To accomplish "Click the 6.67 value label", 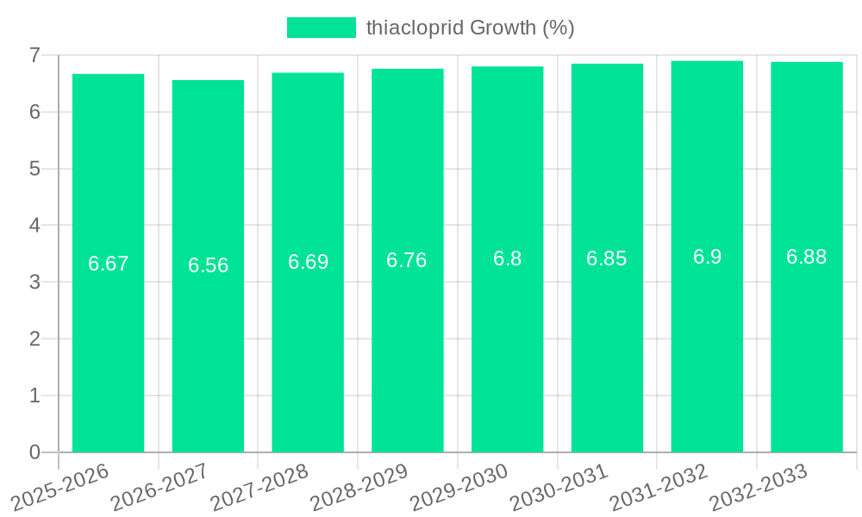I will point(109,264).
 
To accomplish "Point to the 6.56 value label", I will point(209,265).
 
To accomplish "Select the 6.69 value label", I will point(308,262).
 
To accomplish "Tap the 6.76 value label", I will point(407,260).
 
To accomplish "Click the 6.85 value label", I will point(607,258).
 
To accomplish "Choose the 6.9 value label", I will point(707,257).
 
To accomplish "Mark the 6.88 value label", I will point(807,257).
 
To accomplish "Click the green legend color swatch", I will point(321,28).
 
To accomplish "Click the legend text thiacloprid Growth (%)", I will point(471,28).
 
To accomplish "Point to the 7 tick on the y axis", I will point(34,55).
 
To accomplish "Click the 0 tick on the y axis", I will point(34,452).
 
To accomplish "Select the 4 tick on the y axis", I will point(34,226).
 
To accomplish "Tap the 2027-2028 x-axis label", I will point(259,487).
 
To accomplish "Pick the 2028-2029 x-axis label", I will point(359,487).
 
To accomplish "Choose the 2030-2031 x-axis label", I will point(559,487).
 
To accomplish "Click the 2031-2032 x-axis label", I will point(659,487).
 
